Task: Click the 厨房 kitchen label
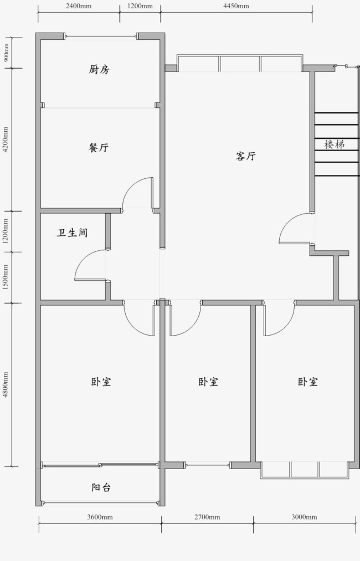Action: (x=99, y=69)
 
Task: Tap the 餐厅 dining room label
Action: (x=99, y=147)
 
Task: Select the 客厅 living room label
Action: (x=246, y=156)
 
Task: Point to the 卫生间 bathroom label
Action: (x=73, y=233)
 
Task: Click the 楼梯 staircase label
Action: (x=335, y=145)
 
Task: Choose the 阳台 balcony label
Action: (x=101, y=487)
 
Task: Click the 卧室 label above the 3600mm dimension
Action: (x=101, y=382)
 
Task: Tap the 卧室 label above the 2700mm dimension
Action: (x=208, y=382)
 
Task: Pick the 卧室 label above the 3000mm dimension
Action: (x=308, y=382)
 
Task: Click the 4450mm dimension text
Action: (x=236, y=6)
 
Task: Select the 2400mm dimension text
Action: (x=79, y=6)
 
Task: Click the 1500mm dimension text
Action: (x=6, y=277)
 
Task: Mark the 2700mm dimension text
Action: (x=207, y=517)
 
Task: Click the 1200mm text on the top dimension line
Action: (x=140, y=6)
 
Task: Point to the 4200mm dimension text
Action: (x=6, y=139)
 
